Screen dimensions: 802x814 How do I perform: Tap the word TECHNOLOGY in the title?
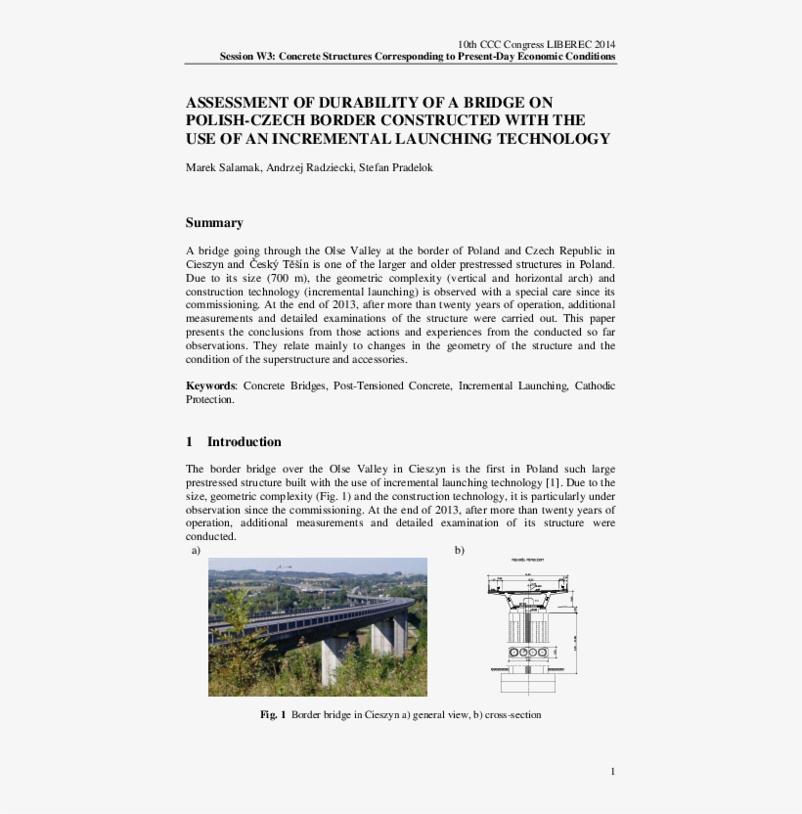(x=553, y=139)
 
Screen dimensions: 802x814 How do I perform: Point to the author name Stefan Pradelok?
(x=398, y=167)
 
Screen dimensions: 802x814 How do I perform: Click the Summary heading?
(x=214, y=223)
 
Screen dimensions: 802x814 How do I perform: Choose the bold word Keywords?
(x=210, y=386)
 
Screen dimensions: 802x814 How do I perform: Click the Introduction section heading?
(x=244, y=441)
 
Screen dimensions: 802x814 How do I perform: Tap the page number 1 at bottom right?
(x=612, y=772)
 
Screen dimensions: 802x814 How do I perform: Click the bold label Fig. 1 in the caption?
(x=273, y=715)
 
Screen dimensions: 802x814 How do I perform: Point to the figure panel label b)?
(x=460, y=551)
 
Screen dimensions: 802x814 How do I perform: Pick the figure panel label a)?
(x=196, y=551)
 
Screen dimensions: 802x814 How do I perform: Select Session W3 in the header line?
(x=245, y=57)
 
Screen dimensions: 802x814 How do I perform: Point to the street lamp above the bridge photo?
(x=284, y=568)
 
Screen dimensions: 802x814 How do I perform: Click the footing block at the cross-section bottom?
(x=528, y=679)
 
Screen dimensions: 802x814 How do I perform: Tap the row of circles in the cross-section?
(x=528, y=652)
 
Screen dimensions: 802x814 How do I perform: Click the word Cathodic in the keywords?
(x=595, y=386)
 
